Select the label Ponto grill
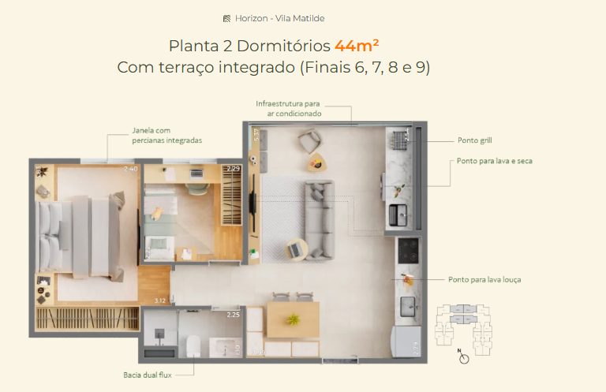coord(475,140)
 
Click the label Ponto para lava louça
coord(484,279)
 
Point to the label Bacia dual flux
coord(148,375)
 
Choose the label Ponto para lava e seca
coord(495,160)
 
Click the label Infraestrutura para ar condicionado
coord(288,109)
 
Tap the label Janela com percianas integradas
coord(166,136)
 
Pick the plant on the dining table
coord(294,319)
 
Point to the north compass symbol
coord(464,357)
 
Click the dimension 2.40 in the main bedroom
coord(131,169)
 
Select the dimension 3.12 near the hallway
coord(159,301)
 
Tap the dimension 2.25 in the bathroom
coord(233,315)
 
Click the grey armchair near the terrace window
coord(309,141)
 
